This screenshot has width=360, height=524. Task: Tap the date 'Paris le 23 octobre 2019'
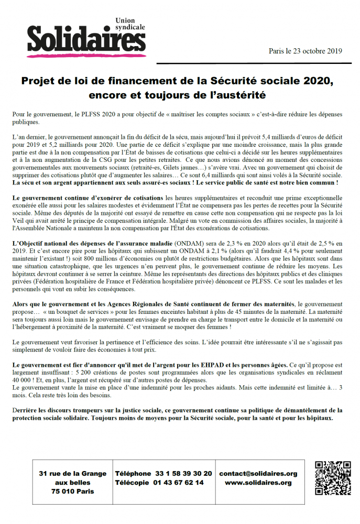(x=305, y=51)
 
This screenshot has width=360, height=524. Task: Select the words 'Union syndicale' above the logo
(x=130, y=24)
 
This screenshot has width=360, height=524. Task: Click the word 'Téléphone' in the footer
(x=133, y=474)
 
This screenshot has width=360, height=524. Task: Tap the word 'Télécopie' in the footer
(x=133, y=483)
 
